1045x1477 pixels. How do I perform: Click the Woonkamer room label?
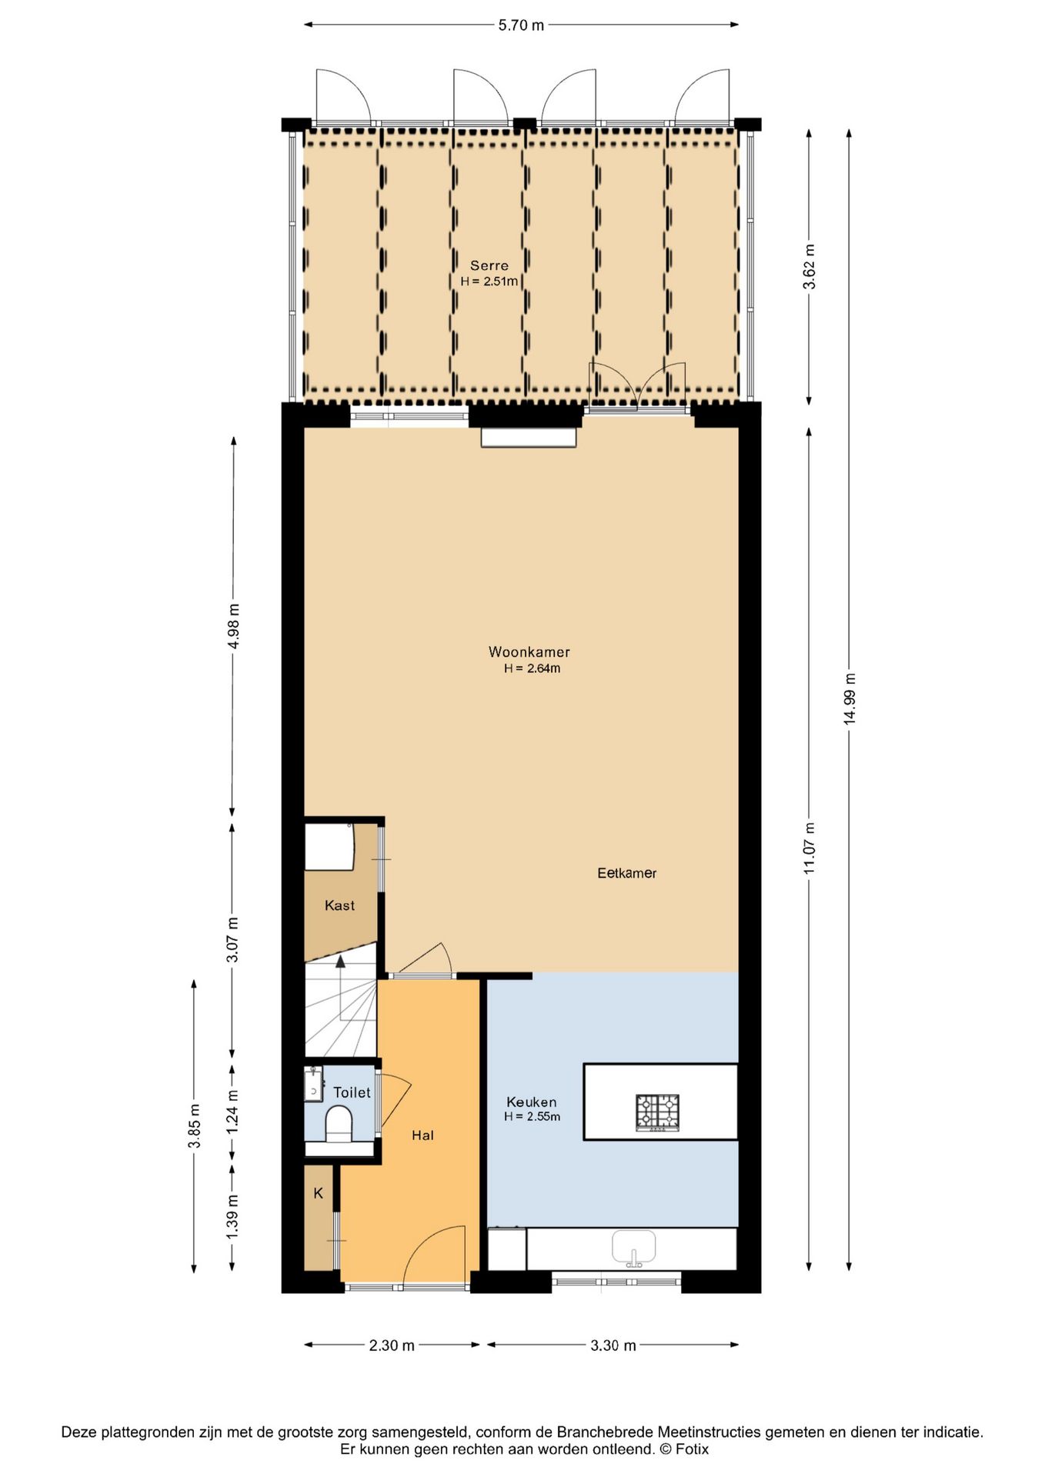point(529,652)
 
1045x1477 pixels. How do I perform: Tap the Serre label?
point(489,265)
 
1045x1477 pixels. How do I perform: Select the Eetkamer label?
point(626,873)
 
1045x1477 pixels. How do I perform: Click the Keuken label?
point(531,1102)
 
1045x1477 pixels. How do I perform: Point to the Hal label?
point(422,1135)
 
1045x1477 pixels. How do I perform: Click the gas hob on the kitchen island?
point(657,1112)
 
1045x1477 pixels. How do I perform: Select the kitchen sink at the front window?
point(633,1248)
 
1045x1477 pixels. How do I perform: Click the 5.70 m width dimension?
point(521,25)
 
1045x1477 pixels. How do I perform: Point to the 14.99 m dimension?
point(850,698)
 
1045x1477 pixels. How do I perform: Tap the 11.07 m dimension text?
point(810,848)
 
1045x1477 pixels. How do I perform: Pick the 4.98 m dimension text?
point(234,626)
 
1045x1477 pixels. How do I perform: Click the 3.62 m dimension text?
point(810,266)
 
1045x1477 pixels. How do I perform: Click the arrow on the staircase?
point(341,961)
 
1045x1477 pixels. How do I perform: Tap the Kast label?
point(339,905)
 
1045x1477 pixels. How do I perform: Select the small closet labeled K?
point(318,1193)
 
